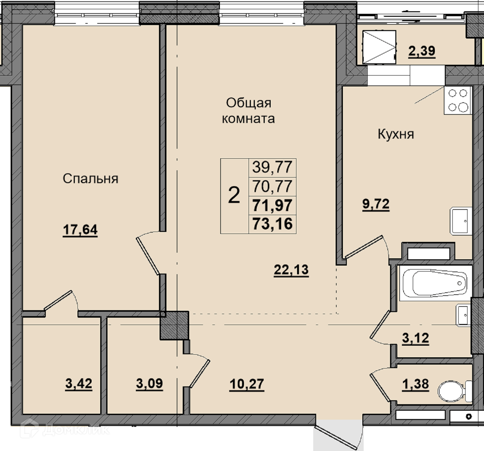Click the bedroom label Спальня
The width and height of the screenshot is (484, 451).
coord(90,178)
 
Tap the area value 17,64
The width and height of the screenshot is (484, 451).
coord(80,230)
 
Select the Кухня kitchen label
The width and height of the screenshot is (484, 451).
coord(396,134)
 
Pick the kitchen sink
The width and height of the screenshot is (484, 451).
coord(461,221)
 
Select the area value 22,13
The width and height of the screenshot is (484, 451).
coord(291,270)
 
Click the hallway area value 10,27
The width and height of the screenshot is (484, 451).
coord(247,384)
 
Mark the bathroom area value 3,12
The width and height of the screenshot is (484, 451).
coord(415,338)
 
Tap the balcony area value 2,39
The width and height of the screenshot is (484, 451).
coord(422,51)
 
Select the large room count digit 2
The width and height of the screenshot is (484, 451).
coord(234,195)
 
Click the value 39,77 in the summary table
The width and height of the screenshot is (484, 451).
coord(272,167)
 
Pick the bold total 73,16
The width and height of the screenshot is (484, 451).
coord(272,224)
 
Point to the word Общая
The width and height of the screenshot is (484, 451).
coord(248,103)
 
